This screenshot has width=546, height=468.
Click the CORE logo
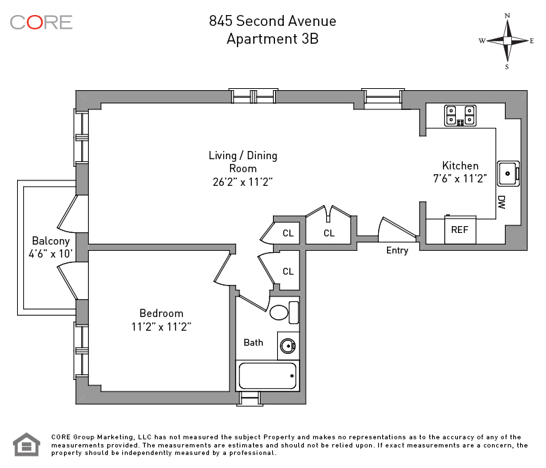click(41, 23)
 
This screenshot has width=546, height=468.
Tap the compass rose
click(507, 41)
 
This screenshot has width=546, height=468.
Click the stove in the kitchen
click(460, 115)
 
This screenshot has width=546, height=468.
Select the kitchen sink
click(508, 173)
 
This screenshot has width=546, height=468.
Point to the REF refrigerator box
click(460, 230)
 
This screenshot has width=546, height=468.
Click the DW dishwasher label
click(502, 202)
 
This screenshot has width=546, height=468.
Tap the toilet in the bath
click(284, 312)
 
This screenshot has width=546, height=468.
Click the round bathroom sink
click(288, 346)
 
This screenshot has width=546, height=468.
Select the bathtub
click(268, 376)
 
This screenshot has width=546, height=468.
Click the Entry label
click(397, 251)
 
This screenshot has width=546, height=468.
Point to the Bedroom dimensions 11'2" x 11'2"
click(161, 327)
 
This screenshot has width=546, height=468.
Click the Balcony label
click(51, 240)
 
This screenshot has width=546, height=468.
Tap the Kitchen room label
click(460, 165)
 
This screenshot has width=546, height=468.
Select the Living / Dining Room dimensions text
click(243, 182)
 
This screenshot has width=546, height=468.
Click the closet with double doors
click(328, 226)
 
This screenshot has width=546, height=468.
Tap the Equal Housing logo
click(27, 444)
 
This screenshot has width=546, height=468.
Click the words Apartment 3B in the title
click(272, 39)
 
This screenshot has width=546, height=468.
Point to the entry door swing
click(398, 230)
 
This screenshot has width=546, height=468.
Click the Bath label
click(253, 342)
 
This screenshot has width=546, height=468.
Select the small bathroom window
click(250, 398)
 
